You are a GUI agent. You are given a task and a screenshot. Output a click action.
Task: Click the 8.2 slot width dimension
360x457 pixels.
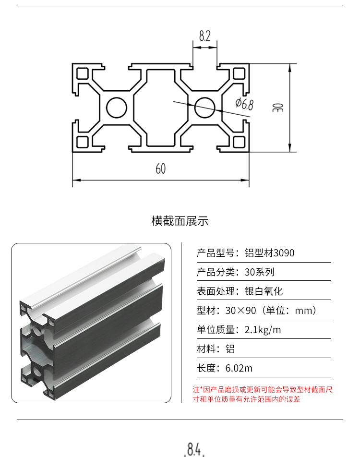(x=204, y=36)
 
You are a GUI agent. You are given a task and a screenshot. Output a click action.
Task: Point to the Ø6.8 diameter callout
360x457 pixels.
(x=245, y=104)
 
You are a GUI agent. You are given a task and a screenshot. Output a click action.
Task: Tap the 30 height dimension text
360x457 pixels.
(x=278, y=108)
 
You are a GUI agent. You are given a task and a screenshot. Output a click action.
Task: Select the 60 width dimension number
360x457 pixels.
(x=161, y=168)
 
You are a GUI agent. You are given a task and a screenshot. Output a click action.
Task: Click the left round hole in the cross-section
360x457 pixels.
(x=117, y=108)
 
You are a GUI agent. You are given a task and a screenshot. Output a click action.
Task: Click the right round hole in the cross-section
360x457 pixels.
(x=204, y=108)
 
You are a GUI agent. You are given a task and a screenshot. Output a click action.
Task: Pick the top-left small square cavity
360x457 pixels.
(x=83, y=73)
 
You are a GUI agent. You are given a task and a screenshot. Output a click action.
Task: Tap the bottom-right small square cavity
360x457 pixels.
(x=239, y=142)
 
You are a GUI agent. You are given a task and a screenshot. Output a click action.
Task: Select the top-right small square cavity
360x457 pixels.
(x=239, y=73)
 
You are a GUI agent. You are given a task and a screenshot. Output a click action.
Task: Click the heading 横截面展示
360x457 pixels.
(x=180, y=221)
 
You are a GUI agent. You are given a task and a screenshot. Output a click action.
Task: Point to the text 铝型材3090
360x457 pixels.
(x=269, y=253)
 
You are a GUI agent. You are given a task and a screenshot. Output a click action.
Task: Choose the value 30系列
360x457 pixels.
(x=259, y=272)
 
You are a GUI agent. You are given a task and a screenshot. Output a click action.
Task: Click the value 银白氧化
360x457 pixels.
(x=264, y=291)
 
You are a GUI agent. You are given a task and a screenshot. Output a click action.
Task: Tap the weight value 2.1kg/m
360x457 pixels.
(x=263, y=330)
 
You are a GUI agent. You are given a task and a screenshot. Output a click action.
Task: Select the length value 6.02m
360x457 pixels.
(x=239, y=368)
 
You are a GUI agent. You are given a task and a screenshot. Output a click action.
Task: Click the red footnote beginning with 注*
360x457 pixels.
(x=263, y=394)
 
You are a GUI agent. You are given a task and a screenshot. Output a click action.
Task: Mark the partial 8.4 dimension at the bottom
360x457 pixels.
(x=194, y=449)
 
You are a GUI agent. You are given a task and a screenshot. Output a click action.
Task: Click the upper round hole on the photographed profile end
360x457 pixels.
(x=37, y=330)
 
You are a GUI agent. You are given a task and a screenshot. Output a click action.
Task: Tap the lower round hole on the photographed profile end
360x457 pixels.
(x=37, y=371)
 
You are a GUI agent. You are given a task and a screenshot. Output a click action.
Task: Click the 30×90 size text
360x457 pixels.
(x=240, y=311)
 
